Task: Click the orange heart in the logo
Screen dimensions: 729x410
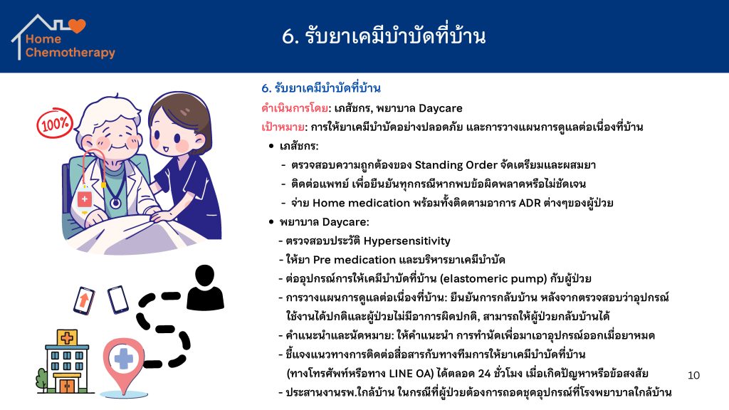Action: pyautogui.click(x=77, y=26)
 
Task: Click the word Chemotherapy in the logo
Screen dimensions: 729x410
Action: pyautogui.click(x=70, y=53)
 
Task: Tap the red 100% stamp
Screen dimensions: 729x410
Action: pyautogui.click(x=55, y=123)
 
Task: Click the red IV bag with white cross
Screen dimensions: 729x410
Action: pyautogui.click(x=84, y=199)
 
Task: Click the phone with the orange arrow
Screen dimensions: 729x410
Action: pyautogui.click(x=84, y=300)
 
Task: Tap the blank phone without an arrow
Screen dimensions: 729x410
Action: pyautogui.click(x=117, y=300)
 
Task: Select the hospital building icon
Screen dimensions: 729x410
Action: pyautogui.click(x=66, y=361)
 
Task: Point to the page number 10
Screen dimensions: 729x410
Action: pyautogui.click(x=693, y=375)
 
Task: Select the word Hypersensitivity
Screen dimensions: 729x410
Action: pyautogui.click(x=407, y=241)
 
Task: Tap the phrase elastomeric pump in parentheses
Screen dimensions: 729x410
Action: pyautogui.click(x=493, y=279)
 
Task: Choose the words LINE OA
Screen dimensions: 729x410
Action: pyautogui.click(x=409, y=374)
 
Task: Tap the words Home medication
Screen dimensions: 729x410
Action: pyautogui.click(x=361, y=203)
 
